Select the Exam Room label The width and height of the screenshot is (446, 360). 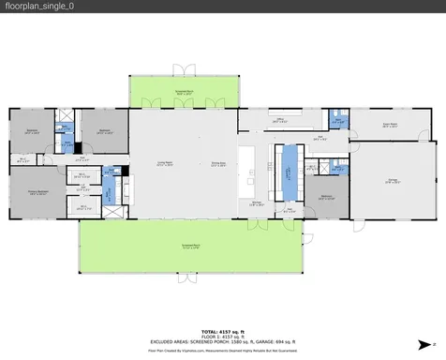390,124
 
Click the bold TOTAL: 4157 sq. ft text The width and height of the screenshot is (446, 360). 222,331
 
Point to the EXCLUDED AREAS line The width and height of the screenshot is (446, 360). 222,341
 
